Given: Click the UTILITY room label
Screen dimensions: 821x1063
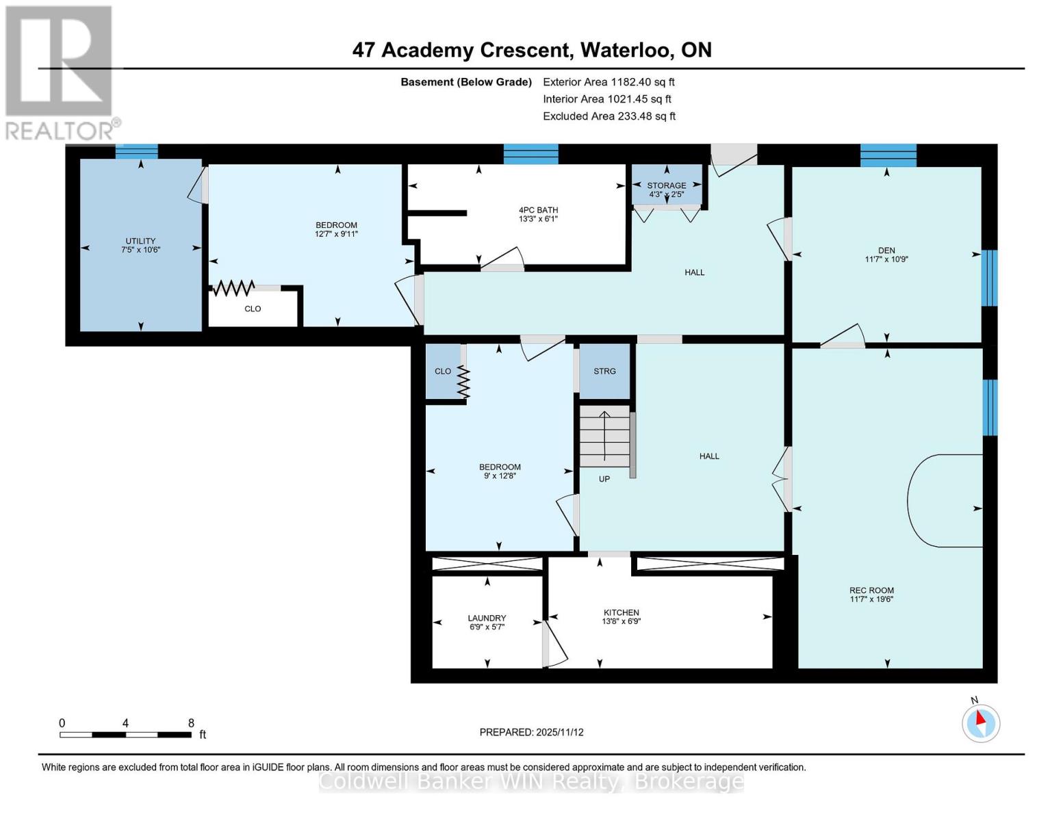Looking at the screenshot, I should pos(140,241).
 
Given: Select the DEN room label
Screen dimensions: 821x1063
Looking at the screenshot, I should pos(886,250).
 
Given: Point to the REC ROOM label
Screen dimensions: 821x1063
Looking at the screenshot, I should pos(871,590).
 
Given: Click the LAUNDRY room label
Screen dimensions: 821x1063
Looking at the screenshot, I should pos(487,618).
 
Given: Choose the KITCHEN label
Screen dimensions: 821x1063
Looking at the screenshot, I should pos(621,612).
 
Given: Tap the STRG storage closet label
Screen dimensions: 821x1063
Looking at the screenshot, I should pos(604,371).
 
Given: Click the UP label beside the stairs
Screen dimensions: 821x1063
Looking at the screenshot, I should pos(604,479).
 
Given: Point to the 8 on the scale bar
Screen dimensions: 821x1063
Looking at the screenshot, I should pos(191,723).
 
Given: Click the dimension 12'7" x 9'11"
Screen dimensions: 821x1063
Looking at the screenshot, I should pos(336,234).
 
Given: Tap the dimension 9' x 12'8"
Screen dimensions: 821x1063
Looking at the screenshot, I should pos(500,475).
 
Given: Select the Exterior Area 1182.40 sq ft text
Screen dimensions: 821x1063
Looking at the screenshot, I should pos(609,81).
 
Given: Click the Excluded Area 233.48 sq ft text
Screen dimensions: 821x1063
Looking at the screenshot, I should pos(609,116).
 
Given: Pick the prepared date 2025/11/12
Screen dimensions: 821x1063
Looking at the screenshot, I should pos(560,732).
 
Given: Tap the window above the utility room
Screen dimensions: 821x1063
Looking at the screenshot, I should pos(137,151).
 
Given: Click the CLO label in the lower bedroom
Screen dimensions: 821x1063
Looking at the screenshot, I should pos(443,371).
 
